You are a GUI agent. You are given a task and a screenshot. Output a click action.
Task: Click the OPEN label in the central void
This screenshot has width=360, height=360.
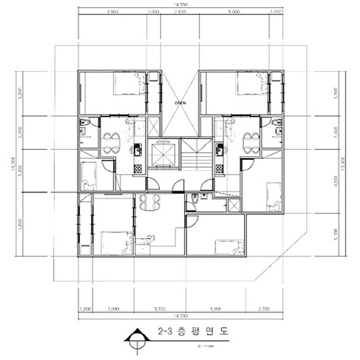coord(180,103)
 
